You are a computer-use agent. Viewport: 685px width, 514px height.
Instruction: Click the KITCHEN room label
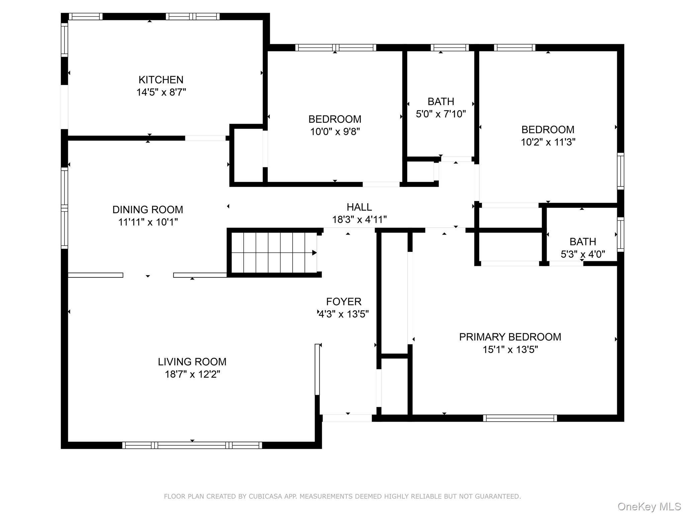[161, 80]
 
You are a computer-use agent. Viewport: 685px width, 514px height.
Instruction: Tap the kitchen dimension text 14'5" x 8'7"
[161, 92]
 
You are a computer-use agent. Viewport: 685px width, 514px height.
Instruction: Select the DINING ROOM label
[148, 209]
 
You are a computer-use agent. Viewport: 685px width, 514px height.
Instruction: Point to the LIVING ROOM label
[192, 362]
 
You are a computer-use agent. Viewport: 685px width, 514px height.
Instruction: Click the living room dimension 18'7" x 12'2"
[192, 374]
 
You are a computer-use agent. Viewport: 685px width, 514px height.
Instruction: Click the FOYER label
[344, 302]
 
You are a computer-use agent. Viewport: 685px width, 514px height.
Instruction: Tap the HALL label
[359, 207]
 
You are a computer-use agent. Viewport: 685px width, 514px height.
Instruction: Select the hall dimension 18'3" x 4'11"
[359, 220]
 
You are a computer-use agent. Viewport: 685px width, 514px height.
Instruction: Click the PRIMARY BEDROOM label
[510, 337]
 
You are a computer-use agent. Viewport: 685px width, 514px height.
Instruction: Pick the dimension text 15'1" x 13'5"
[510, 349]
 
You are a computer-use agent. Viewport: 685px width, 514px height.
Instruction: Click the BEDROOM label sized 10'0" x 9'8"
[335, 119]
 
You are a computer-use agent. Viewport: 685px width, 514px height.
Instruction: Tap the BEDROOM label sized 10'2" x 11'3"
[548, 130]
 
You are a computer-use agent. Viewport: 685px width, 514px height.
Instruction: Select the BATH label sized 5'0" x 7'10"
[441, 101]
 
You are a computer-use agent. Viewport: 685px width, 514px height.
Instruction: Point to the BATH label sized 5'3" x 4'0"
[583, 242]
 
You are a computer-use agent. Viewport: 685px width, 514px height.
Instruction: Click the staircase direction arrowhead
[314, 253]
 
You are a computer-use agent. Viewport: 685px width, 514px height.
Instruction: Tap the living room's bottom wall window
[192, 445]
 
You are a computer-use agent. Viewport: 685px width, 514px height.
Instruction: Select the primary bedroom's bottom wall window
[520, 418]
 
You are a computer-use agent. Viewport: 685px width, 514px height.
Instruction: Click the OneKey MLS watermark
[649, 507]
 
